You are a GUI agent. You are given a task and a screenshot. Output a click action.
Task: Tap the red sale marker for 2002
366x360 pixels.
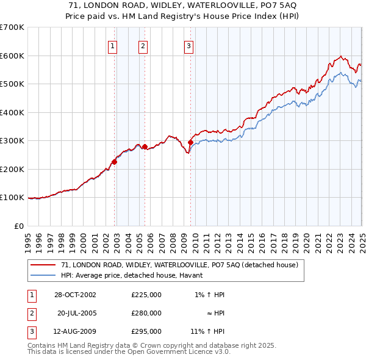pos(114,162)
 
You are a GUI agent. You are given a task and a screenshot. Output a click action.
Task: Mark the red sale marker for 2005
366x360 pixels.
pos(145,146)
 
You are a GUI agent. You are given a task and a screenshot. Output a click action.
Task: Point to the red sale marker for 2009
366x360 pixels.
pos(190,142)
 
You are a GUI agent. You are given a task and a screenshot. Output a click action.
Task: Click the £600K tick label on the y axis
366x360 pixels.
pos(12,56)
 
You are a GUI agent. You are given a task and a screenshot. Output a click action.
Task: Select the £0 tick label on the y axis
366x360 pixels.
pos(20,226)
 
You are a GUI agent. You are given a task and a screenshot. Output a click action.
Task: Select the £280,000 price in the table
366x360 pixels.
pos(146,313)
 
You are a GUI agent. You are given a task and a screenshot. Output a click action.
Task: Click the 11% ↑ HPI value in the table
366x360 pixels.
pos(207,331)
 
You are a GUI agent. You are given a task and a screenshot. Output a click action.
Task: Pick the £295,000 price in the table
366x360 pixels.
pos(146,331)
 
